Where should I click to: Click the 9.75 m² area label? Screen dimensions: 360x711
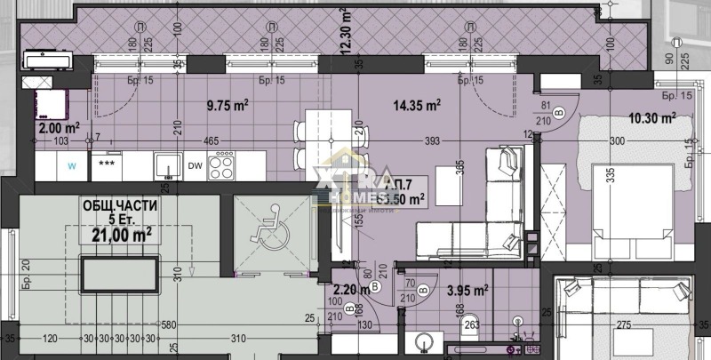coord(227,104)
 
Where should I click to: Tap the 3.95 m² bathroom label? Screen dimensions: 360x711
coord(467,289)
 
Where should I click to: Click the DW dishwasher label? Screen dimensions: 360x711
coord(196,164)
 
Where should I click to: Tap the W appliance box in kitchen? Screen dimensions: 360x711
coord(72,164)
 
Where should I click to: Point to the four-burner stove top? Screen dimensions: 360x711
coord(222,164)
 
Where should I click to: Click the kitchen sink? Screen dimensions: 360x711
coord(164,165)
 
